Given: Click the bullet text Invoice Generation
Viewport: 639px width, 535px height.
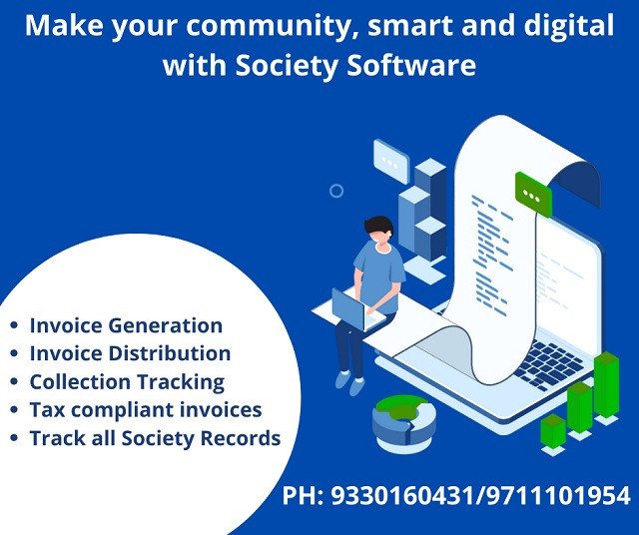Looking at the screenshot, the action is [x=126, y=325].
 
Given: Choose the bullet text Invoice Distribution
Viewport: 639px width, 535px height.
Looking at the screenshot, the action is [x=130, y=353].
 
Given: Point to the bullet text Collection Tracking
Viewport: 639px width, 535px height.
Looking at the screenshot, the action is [x=127, y=382].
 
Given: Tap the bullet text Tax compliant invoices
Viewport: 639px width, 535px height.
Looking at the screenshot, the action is [x=146, y=410].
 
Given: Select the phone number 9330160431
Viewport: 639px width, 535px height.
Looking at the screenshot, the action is [x=401, y=496].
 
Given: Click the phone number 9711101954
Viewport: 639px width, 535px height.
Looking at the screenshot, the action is [x=557, y=496].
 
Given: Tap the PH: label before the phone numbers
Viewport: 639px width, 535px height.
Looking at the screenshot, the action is [x=303, y=496].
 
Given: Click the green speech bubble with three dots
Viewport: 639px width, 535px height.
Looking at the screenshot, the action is [x=533, y=195].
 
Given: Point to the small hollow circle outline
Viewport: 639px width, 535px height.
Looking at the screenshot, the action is [x=336, y=191].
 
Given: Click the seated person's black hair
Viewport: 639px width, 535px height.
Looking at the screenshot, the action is [x=378, y=226].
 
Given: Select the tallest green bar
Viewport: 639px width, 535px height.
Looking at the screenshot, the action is [x=606, y=386].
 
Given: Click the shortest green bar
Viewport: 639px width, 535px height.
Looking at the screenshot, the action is [x=553, y=432].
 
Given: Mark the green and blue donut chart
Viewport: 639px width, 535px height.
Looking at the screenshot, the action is [x=403, y=423].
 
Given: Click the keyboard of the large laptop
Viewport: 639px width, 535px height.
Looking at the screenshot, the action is [x=548, y=364].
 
